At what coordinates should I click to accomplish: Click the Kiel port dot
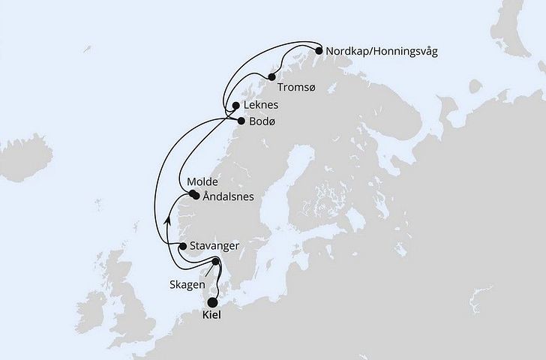tap(212, 302)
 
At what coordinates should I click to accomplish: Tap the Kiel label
tap(212, 317)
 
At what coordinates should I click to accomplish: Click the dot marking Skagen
tap(216, 262)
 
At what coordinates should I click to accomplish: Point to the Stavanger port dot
tap(184, 245)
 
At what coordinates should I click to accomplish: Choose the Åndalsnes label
tap(228, 197)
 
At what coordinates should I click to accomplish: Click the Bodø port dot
tap(241, 120)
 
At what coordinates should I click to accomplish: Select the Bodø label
tap(263, 121)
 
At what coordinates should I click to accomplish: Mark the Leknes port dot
tap(235, 106)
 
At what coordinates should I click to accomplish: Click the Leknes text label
tap(262, 106)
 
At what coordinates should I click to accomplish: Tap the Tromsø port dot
tap(271, 76)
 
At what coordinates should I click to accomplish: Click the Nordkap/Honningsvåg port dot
tap(319, 51)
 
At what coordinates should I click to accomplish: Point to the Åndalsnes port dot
tap(196, 198)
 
